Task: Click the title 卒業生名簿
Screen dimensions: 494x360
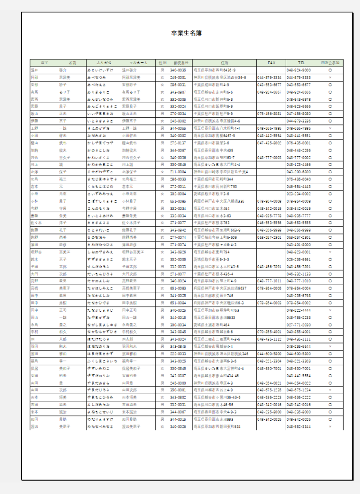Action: click(186, 33)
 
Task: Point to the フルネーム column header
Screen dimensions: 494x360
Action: click(138, 63)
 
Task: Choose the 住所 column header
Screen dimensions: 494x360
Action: click(224, 63)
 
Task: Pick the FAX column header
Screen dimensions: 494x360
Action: click(271, 63)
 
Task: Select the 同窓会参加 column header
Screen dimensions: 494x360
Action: click(330, 63)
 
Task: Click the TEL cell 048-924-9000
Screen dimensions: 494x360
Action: click(299, 70)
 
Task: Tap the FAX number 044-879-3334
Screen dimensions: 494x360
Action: click(270, 77)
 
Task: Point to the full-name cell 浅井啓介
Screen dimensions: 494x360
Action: click(128, 70)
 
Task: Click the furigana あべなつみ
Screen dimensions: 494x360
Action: click(97, 77)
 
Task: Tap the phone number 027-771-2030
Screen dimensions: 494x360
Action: click(299, 325)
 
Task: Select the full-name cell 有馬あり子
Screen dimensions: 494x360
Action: click(131, 92)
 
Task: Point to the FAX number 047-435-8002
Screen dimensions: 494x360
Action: click(270, 143)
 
